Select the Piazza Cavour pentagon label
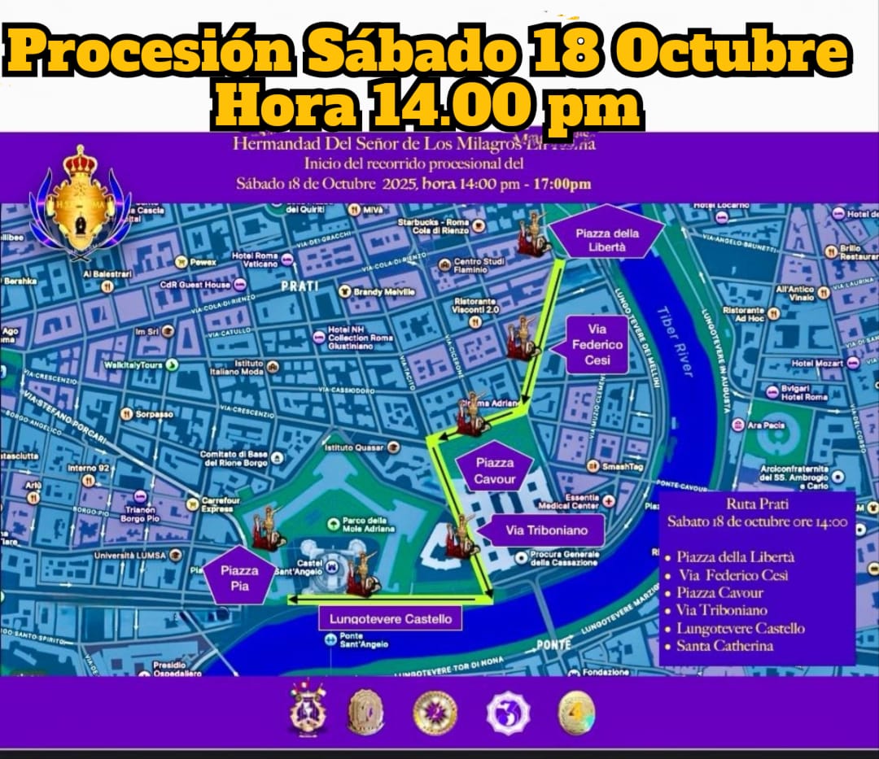[x=495, y=471]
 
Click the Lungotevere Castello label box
[x=391, y=618]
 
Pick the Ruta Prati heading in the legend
[x=757, y=504]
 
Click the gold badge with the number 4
[x=575, y=713]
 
